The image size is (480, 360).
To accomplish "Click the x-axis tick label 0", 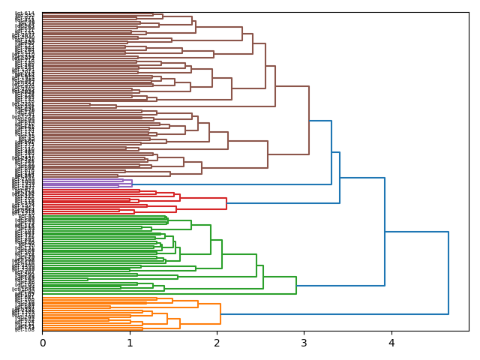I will tap(43, 343).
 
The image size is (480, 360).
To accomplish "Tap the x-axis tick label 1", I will tap(130, 343).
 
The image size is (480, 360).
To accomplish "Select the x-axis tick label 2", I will tap(217, 343).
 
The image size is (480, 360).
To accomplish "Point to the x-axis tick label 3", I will tap(304, 343).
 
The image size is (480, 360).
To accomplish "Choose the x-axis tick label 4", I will tap(391, 343).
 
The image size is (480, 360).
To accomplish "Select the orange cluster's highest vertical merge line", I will tap(220, 313).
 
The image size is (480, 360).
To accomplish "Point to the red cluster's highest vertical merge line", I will tap(226, 203).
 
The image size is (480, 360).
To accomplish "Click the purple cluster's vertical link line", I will tap(132, 184).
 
